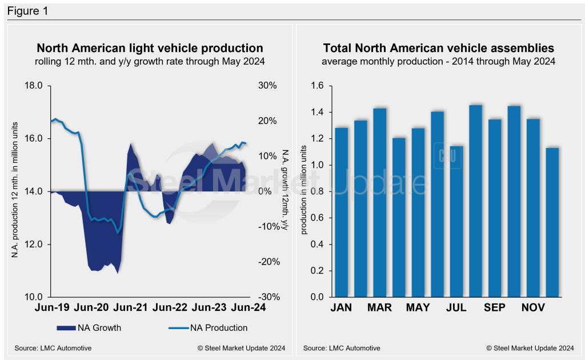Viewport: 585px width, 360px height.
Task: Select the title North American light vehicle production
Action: pos(150,49)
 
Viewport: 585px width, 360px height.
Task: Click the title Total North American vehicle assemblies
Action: pos(438,49)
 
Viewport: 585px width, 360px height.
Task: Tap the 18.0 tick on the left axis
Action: pos(34,86)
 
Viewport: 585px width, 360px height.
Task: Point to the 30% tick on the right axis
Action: pos(266,86)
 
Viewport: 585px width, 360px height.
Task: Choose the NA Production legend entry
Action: pos(209,328)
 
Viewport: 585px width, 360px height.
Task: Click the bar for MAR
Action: pos(380,203)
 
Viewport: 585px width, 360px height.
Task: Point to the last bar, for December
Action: pos(552,223)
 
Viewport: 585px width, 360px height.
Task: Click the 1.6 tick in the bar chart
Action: pos(317,86)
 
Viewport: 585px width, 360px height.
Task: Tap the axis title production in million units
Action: pos(303,191)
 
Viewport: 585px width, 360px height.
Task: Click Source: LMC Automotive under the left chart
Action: pos(53,348)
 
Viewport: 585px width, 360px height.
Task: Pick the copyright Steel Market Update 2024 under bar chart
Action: pos(530,348)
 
